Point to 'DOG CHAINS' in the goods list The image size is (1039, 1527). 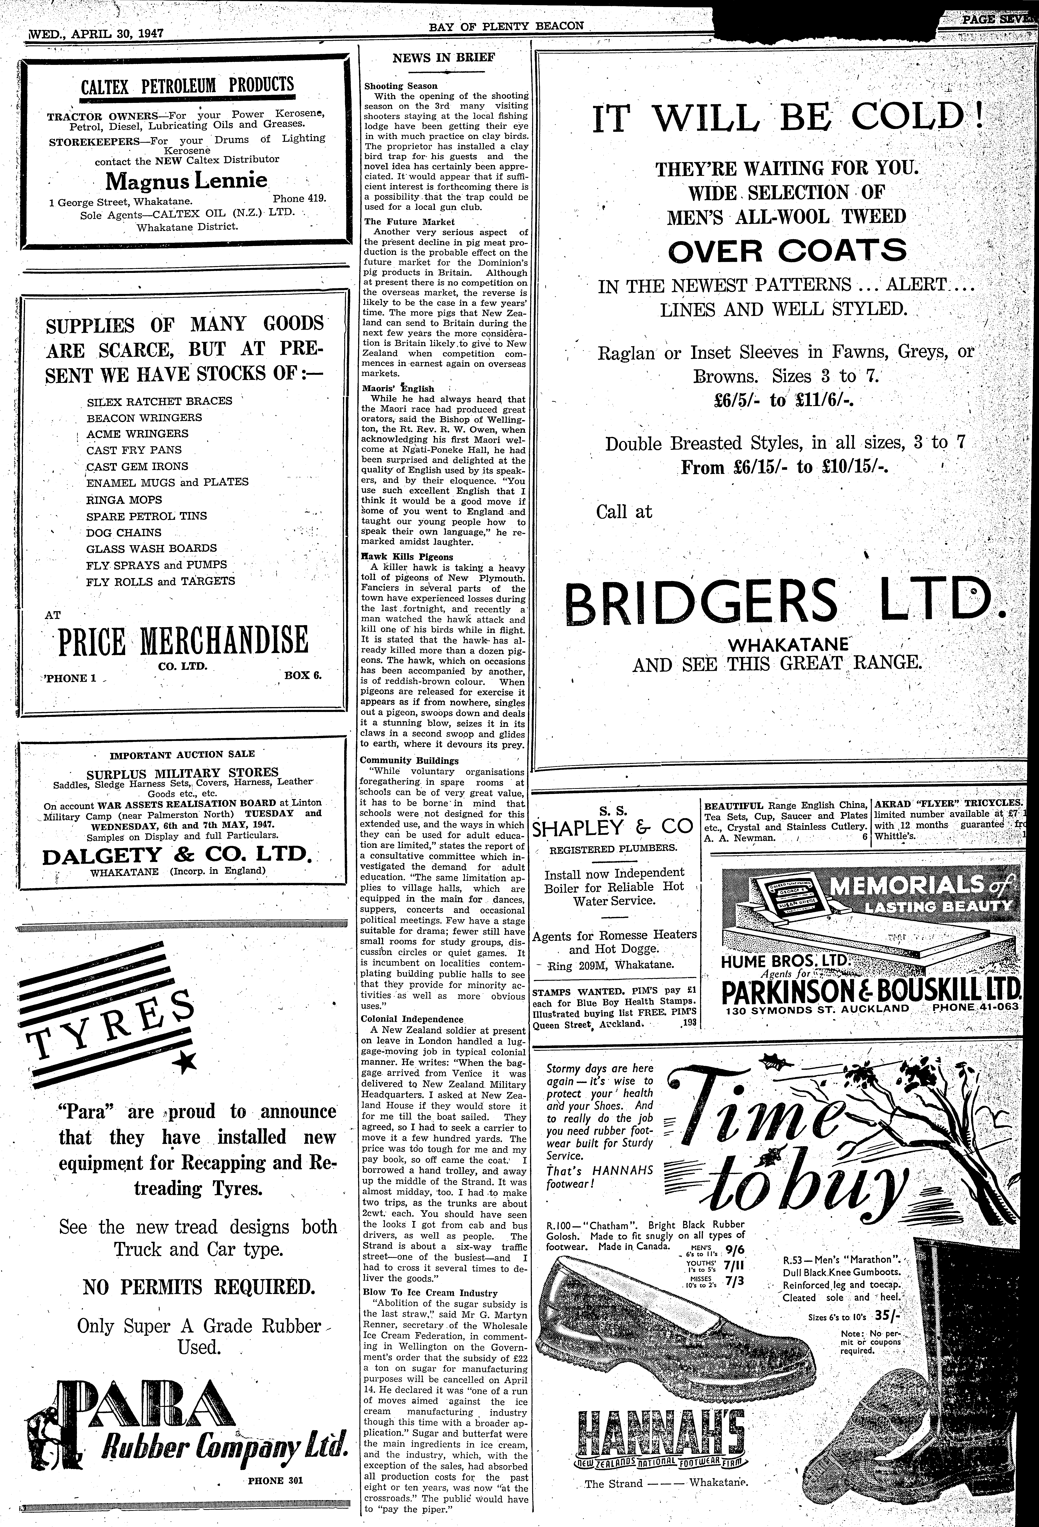tap(124, 532)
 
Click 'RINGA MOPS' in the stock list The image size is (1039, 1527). tap(124, 499)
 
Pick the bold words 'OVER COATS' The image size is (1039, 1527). tap(787, 250)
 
